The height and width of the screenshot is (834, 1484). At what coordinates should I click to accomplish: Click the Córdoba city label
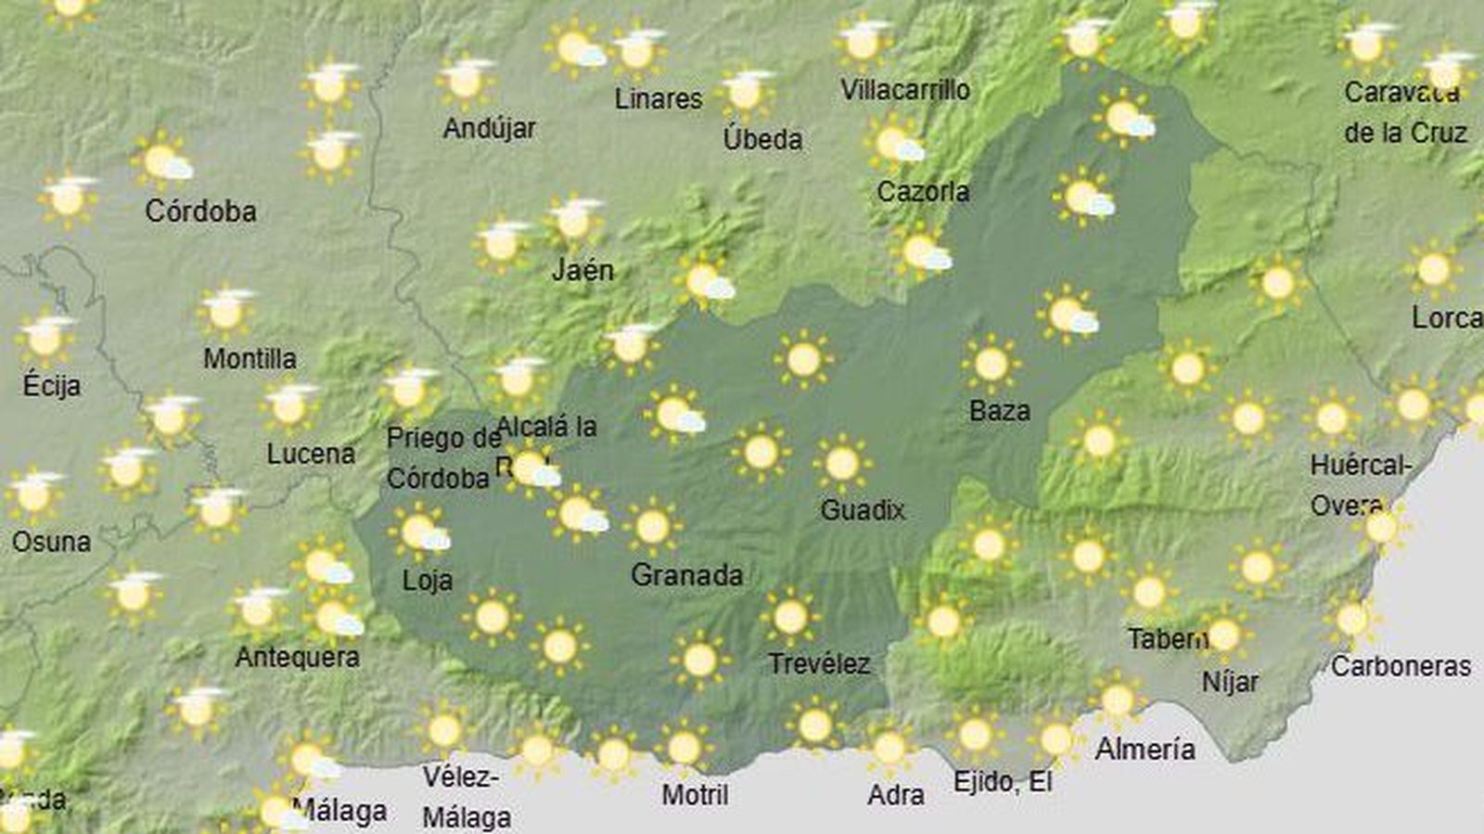200,212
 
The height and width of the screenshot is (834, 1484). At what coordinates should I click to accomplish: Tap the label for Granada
686,575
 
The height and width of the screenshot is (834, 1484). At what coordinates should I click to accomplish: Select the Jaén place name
582,270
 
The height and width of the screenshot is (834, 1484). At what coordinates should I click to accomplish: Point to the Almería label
1145,749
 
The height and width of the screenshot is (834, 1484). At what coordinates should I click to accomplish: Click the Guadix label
863,509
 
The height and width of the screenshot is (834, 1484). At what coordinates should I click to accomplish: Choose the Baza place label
1000,410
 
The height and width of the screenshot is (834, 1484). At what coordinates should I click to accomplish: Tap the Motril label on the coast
695,795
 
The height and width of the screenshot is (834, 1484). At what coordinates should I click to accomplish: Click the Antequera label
297,658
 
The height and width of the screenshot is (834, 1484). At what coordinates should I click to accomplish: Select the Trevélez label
819,664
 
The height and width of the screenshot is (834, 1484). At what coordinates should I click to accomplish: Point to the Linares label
659,98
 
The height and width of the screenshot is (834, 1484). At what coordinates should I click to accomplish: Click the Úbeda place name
762,140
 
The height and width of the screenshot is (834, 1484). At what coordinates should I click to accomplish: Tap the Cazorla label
923,192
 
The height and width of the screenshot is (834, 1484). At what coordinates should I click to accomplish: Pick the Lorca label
1446,318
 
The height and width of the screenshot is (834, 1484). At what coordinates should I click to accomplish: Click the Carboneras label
1401,666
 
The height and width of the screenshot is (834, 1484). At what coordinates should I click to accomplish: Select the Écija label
51,385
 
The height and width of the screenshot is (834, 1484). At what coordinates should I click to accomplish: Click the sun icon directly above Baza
991,364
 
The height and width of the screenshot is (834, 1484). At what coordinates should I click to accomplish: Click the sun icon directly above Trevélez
790,616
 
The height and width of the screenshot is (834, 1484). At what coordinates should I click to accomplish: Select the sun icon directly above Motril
684,747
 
